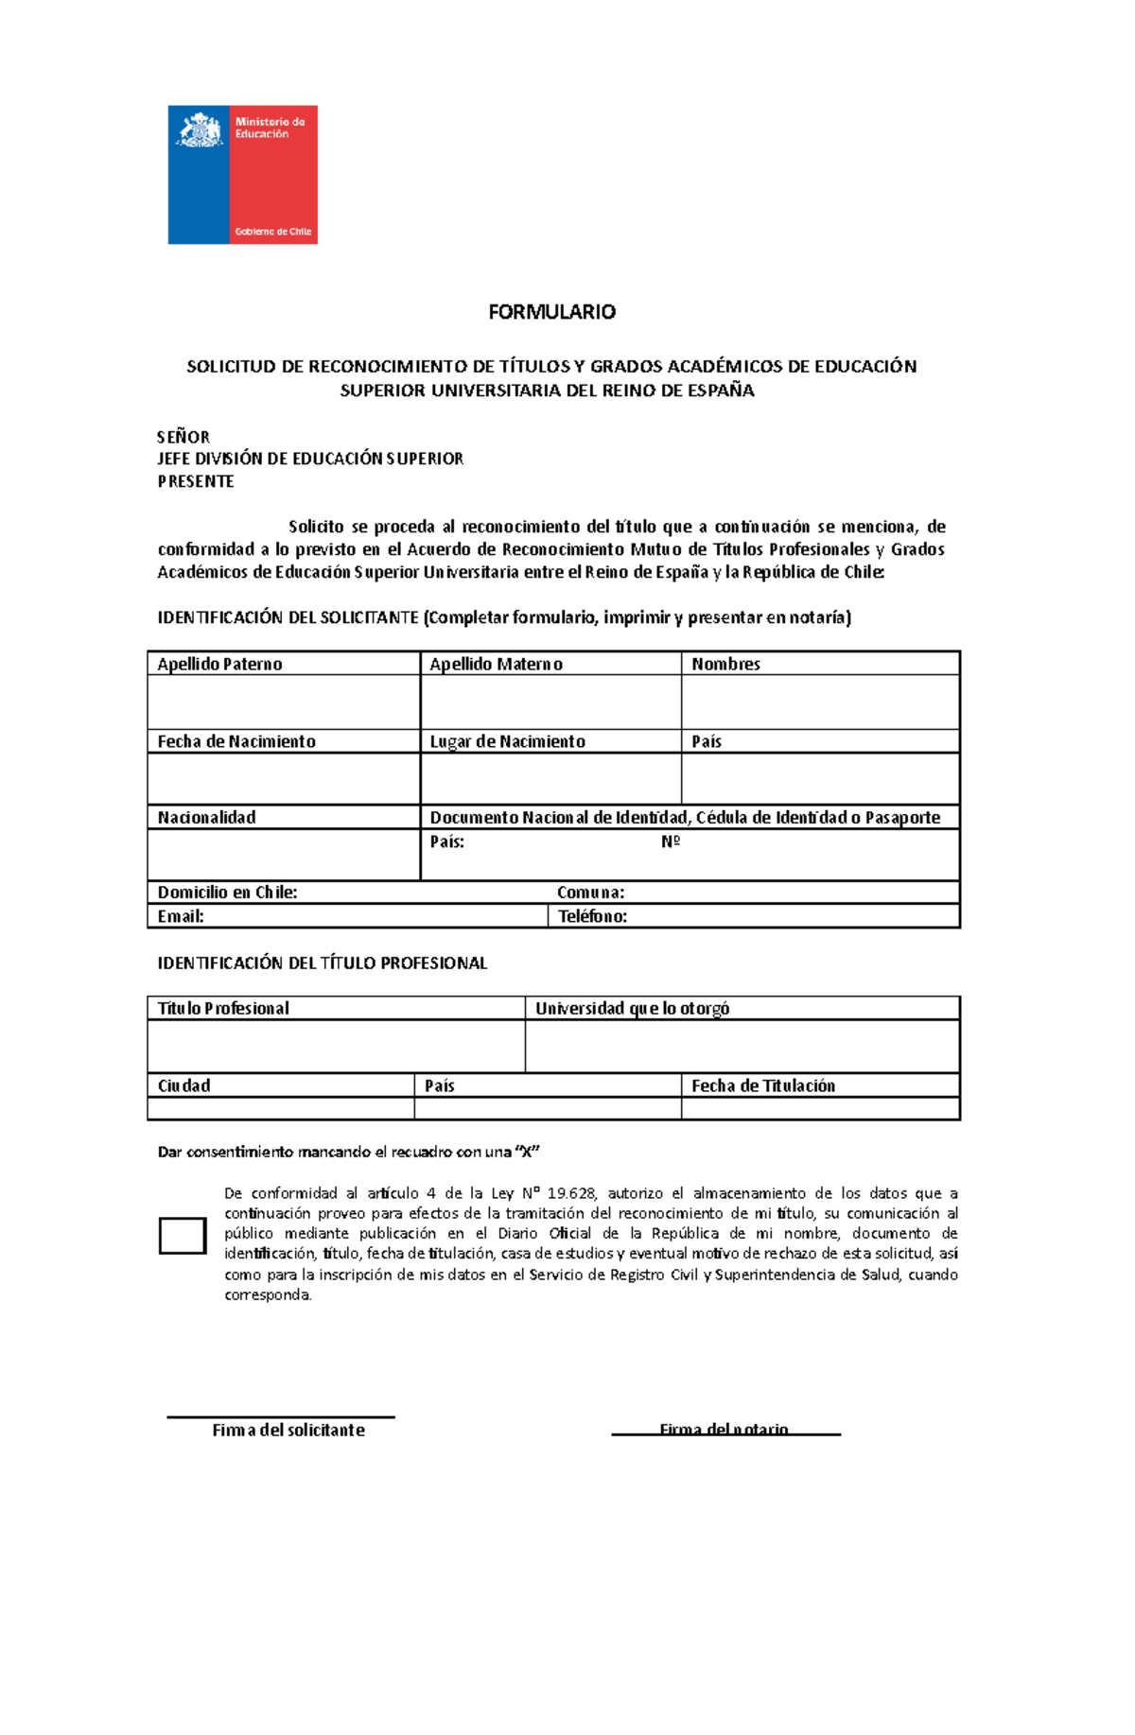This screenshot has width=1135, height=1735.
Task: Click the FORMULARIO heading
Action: [551, 312]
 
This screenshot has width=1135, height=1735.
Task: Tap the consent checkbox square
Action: [183, 1236]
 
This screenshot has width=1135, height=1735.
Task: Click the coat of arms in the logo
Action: [200, 130]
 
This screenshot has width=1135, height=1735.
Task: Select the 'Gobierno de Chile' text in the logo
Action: [272, 232]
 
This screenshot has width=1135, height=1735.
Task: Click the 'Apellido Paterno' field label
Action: [219, 664]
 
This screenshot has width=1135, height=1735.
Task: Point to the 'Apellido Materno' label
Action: [496, 664]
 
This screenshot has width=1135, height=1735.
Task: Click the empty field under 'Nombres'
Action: [819, 702]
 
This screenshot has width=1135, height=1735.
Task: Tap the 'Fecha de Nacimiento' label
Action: [236, 741]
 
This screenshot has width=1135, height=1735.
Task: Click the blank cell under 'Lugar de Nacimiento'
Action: [550, 778]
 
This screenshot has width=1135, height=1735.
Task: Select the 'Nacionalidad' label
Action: [206, 817]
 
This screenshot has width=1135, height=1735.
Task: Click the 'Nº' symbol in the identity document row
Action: [671, 841]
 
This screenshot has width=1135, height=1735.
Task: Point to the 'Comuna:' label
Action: [590, 893]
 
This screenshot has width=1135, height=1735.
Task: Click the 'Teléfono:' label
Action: [592, 916]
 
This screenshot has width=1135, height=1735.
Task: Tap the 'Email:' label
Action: [181, 916]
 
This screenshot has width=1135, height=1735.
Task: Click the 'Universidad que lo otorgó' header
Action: [632, 1008]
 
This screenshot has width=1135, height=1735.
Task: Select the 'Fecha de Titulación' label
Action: [762, 1085]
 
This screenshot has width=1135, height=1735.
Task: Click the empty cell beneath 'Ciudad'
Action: [281, 1108]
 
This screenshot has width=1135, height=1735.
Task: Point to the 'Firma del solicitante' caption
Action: [288, 1430]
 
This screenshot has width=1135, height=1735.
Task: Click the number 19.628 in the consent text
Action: [571, 1193]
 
